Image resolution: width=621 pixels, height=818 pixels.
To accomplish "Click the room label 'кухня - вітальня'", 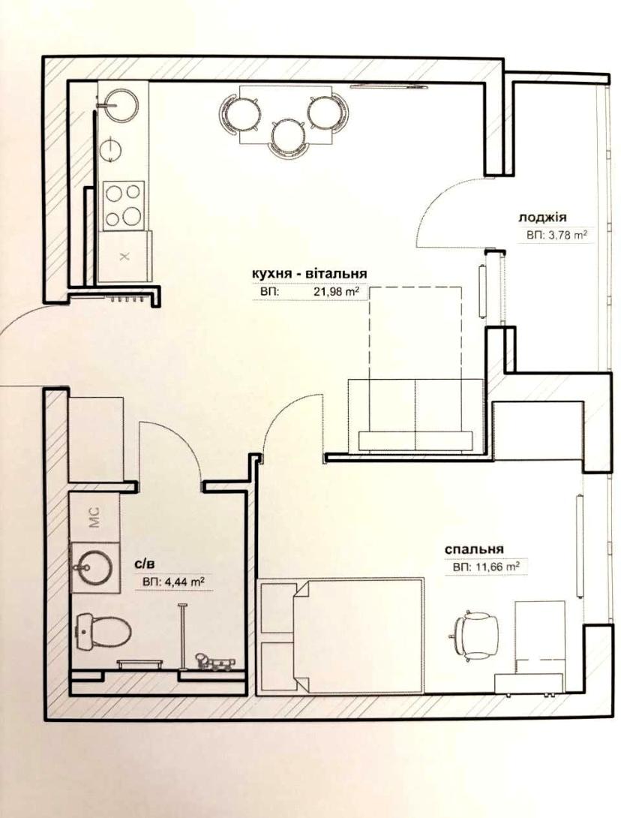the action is click(309, 273).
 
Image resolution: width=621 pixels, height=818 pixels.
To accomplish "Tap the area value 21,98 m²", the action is click(336, 293).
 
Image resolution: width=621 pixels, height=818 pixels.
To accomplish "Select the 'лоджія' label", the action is click(542, 217).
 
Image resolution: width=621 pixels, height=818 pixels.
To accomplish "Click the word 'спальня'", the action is click(473, 549).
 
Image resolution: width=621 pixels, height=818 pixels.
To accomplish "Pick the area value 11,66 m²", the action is click(494, 567).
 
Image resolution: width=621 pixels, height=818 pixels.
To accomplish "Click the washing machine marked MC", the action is click(94, 517).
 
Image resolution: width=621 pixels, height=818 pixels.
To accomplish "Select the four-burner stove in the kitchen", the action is click(124, 206).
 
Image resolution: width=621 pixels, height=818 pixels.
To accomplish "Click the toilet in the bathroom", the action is click(103, 630).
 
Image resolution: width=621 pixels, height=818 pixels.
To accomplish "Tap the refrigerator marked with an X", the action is click(124, 257).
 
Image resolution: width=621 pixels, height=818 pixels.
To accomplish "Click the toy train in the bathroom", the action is click(214, 661).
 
